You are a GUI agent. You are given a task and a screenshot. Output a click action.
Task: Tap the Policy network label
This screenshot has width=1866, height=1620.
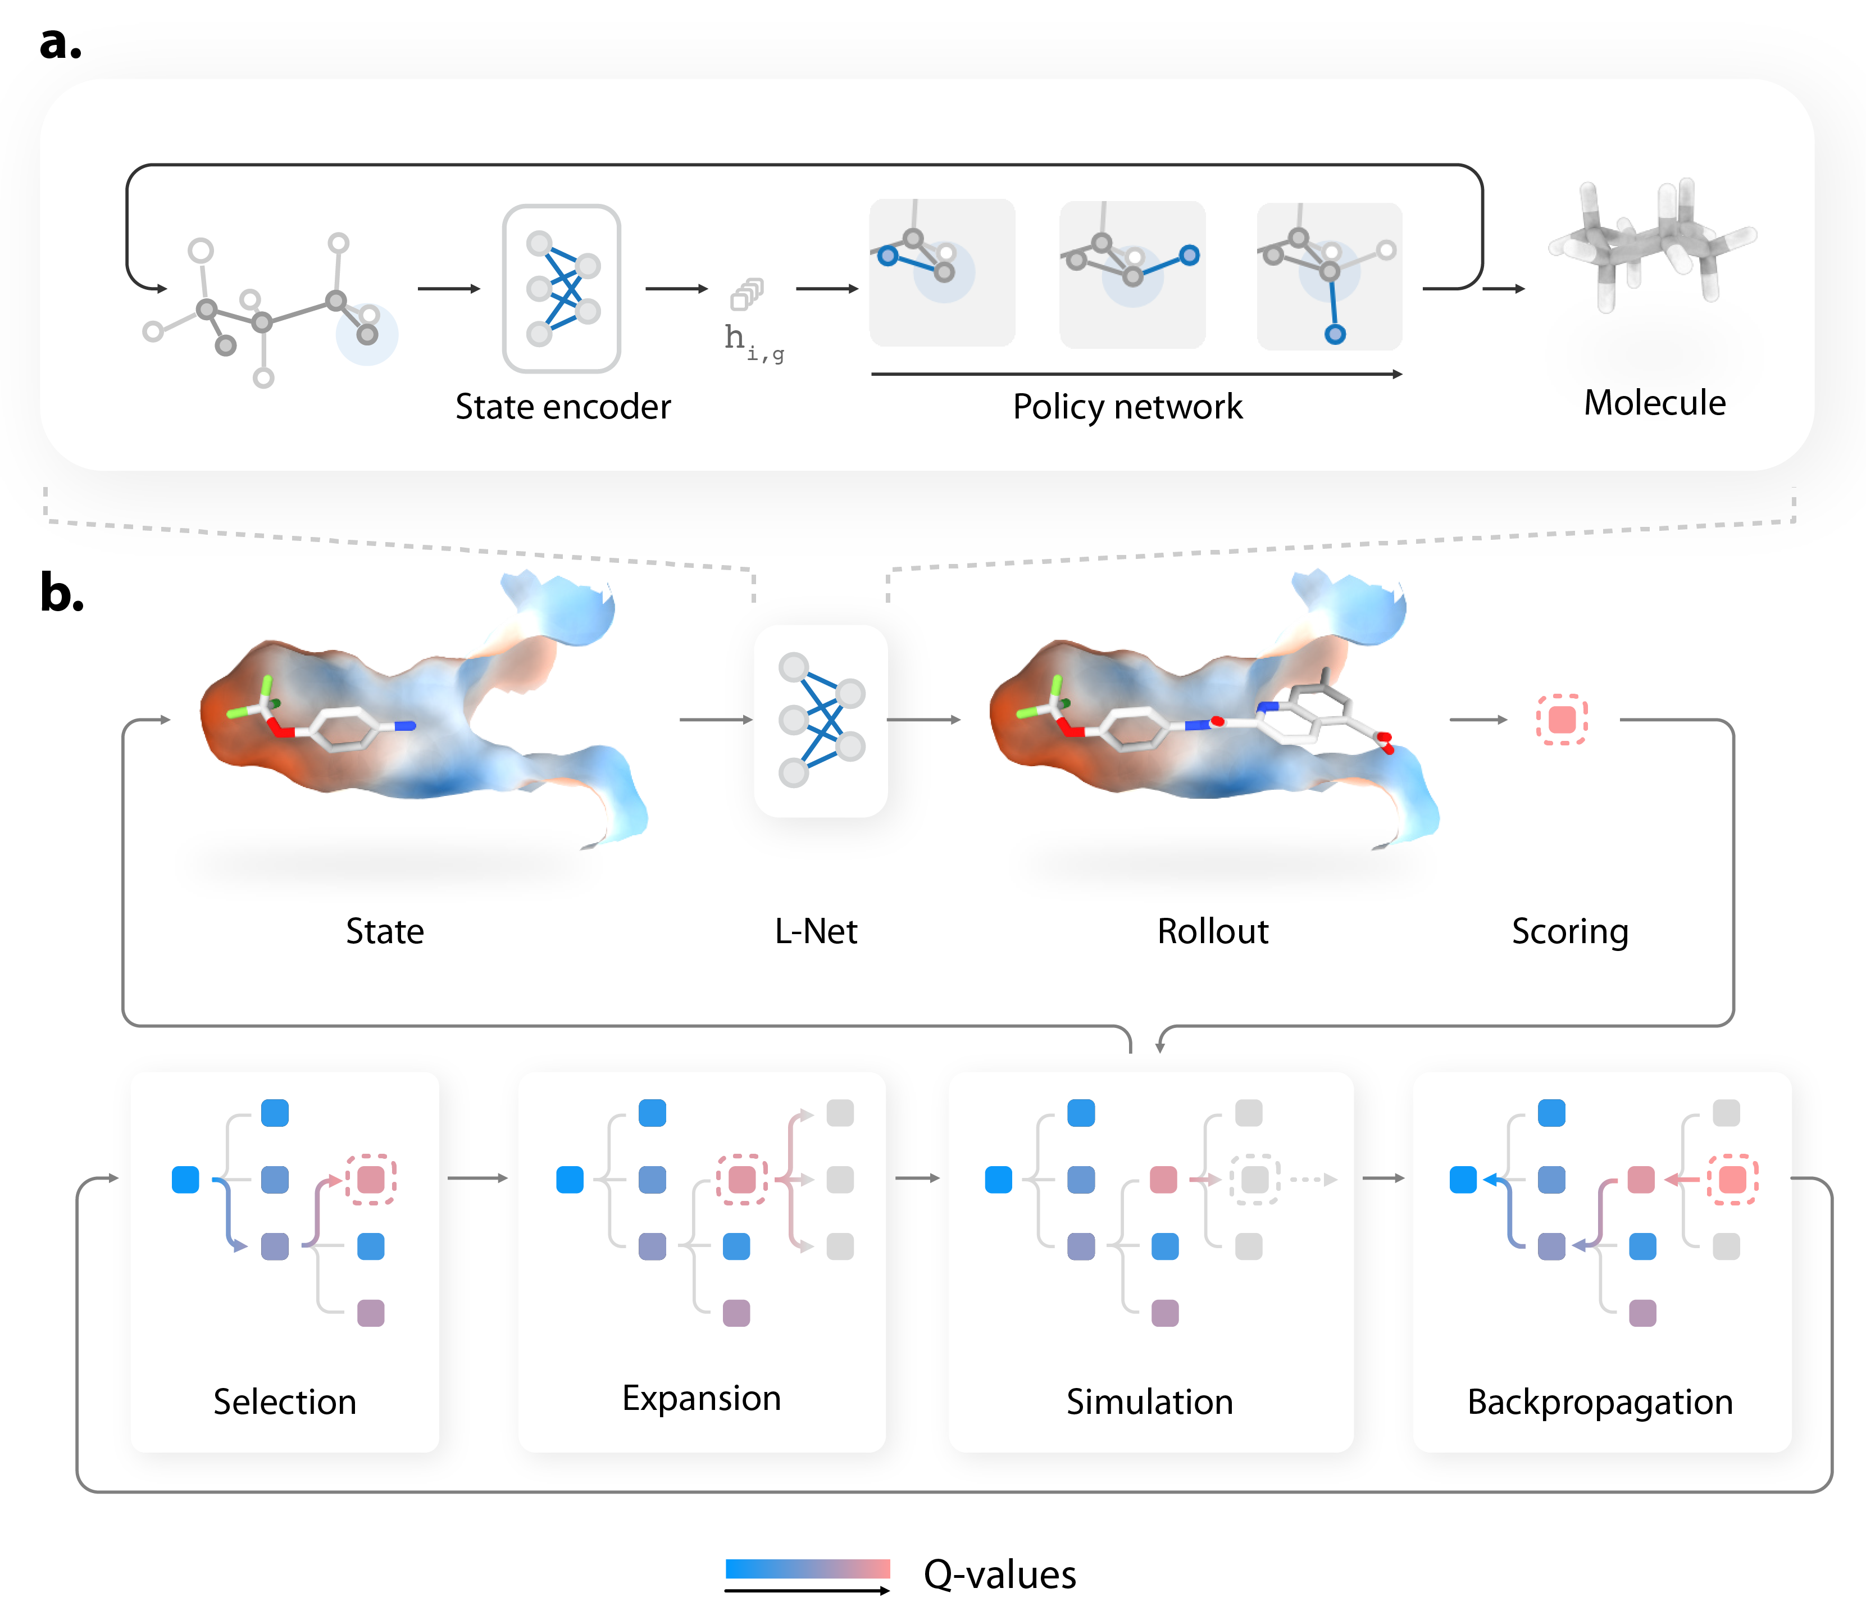tap(1127, 407)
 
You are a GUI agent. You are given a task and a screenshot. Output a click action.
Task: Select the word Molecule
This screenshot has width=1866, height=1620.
tap(1654, 402)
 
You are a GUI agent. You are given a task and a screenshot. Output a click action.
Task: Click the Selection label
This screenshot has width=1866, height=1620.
tap(285, 1401)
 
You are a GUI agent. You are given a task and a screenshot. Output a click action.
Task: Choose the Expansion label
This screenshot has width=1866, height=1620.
tap(702, 1398)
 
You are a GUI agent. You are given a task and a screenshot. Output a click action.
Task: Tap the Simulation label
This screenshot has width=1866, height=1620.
tap(1149, 1401)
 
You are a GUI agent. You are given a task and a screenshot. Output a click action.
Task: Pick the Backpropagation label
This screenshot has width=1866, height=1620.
tap(1600, 1401)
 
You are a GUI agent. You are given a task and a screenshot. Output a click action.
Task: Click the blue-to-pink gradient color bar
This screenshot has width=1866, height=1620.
tap(807, 1568)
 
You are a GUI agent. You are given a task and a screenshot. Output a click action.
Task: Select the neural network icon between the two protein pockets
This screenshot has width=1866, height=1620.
tap(821, 721)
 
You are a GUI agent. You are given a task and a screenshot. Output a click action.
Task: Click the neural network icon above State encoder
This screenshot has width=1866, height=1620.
tap(561, 288)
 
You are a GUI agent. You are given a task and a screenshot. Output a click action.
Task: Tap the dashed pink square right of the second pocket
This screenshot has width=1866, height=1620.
tap(1562, 720)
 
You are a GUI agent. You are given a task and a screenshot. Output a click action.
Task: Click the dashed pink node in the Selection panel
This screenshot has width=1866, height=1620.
tap(371, 1180)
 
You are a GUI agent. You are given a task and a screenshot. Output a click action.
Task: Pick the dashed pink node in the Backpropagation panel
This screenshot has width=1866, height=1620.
tap(1732, 1180)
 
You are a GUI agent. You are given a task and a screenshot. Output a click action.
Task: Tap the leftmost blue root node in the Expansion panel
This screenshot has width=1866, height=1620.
tap(570, 1180)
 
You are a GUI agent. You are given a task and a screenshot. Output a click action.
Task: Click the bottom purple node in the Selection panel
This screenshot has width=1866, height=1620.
tap(371, 1313)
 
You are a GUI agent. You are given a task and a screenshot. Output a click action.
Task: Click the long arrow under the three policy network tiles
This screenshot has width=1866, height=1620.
tap(1136, 374)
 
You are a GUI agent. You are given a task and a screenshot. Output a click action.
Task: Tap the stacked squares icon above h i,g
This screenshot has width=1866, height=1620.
tap(747, 294)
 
